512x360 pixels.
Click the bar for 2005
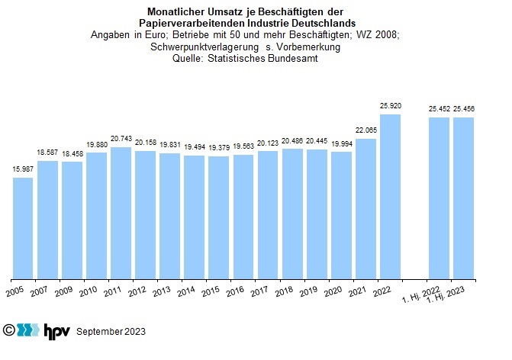pyautogui.click(x=23, y=228)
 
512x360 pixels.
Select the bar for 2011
pyautogui.click(x=121, y=213)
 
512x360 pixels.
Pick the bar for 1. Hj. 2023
pyautogui.click(x=463, y=198)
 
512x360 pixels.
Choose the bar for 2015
pyautogui.click(x=218, y=217)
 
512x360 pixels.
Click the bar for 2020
pyautogui.click(x=341, y=215)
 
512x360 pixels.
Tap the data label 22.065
pyautogui.click(x=365, y=131)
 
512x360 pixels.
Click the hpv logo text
pyautogui.click(x=57, y=330)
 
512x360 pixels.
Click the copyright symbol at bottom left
pyautogui.click(x=8, y=330)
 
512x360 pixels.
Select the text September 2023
pyautogui.click(x=111, y=332)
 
